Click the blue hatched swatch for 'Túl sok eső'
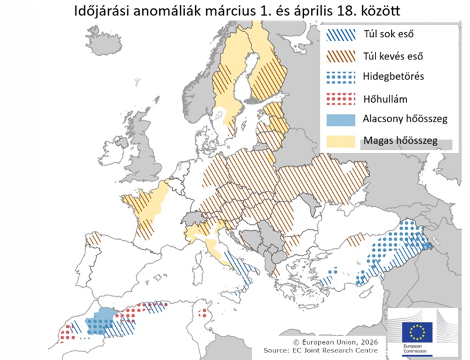340,36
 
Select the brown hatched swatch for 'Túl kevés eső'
340,56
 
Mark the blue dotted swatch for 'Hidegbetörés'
340,77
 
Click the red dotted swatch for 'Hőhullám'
340,97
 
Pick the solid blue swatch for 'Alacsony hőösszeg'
340,119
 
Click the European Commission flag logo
418,332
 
